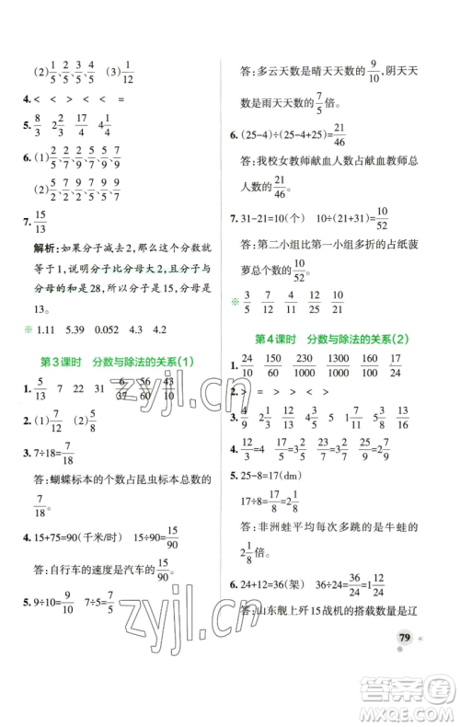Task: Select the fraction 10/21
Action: coord(336,300)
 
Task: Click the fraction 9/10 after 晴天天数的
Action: coord(373,68)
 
